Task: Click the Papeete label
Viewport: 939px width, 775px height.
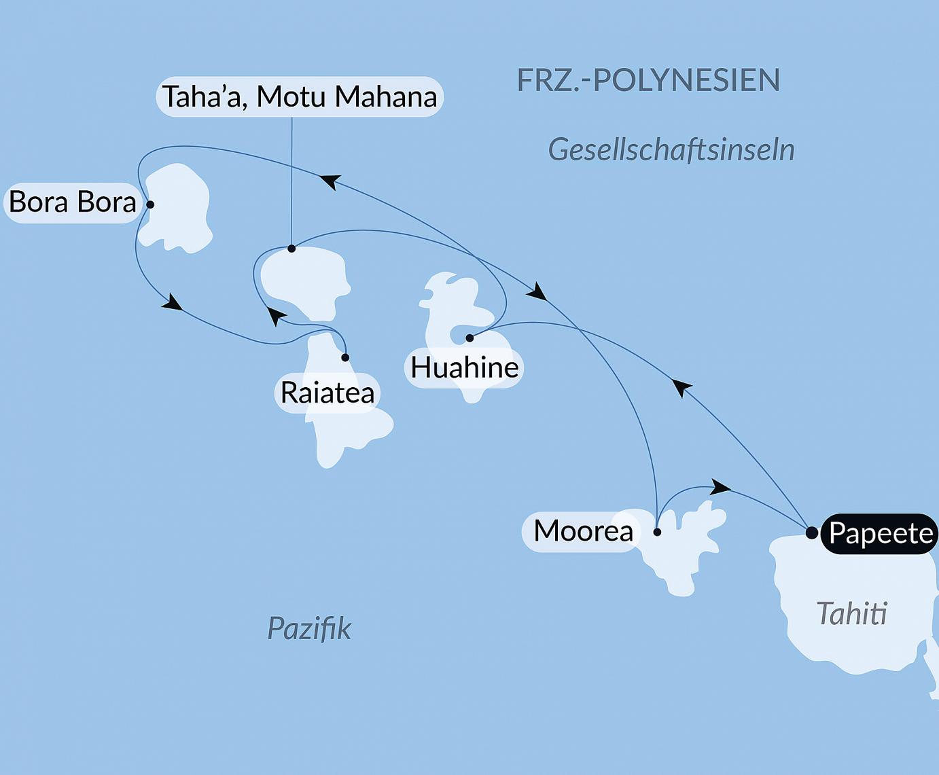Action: (x=881, y=534)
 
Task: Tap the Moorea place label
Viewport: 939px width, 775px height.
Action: (x=583, y=531)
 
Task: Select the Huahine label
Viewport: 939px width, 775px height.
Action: (x=465, y=368)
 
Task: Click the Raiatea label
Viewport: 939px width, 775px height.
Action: (x=327, y=393)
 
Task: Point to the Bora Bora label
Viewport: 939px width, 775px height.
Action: (x=73, y=202)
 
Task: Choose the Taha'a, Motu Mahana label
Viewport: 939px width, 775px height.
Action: (x=300, y=96)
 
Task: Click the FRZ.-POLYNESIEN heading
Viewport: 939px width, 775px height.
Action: (x=648, y=80)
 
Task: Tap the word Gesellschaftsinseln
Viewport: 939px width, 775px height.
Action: (x=671, y=150)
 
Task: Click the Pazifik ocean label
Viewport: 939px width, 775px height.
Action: (x=309, y=629)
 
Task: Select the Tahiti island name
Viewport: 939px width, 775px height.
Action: (x=851, y=614)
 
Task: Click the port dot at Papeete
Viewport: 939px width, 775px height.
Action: (x=811, y=533)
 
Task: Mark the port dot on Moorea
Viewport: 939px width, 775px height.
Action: (x=657, y=532)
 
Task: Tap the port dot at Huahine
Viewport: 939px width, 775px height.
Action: (x=469, y=338)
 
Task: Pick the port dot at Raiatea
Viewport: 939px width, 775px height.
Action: (x=345, y=357)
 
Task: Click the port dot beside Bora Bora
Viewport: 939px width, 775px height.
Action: (x=150, y=204)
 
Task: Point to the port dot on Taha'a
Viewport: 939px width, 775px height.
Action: (x=291, y=249)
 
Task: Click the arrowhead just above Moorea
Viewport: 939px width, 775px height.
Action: (x=720, y=486)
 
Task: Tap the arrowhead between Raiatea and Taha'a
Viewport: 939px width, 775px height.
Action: (x=274, y=315)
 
